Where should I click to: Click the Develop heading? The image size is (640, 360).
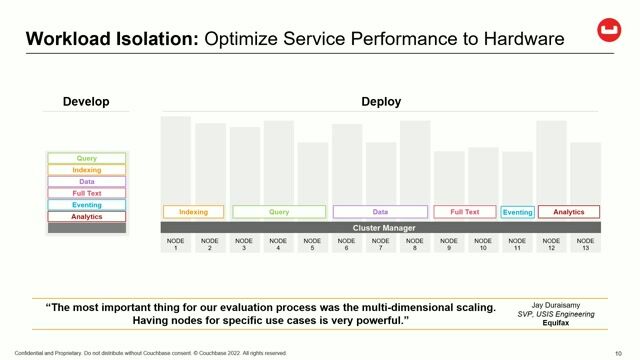click(86, 101)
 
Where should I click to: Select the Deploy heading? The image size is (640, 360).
click(380, 101)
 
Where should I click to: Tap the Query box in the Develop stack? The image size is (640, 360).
click(87, 158)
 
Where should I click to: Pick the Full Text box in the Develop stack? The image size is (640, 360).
click(87, 193)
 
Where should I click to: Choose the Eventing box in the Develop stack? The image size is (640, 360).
click(87, 205)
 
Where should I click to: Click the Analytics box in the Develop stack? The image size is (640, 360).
click(87, 216)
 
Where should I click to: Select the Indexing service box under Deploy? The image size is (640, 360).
click(193, 212)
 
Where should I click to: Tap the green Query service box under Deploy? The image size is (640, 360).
click(279, 212)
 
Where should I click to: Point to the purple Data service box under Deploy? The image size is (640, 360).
click(380, 212)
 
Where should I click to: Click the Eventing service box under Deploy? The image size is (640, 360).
click(517, 212)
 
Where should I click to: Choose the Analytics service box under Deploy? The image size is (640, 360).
click(569, 212)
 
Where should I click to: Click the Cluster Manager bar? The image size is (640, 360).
click(380, 228)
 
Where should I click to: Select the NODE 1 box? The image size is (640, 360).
click(176, 244)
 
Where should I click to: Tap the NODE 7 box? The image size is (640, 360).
click(380, 244)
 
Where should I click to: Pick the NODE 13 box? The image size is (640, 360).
click(585, 244)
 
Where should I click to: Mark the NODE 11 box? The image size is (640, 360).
click(517, 244)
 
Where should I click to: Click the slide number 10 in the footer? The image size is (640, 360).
click(619, 352)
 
